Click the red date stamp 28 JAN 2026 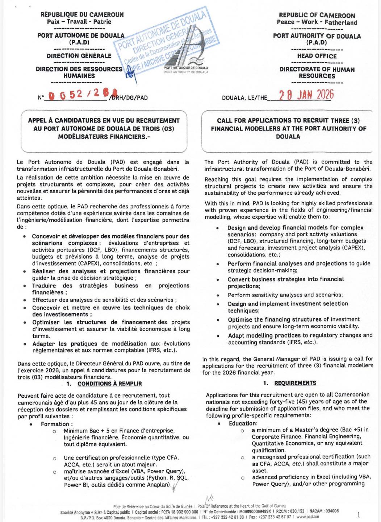(x=306, y=95)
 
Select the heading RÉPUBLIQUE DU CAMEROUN (x=82, y=14)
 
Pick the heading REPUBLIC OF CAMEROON (x=317, y=15)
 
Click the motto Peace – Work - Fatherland (x=317, y=22)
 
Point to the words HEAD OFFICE (x=317, y=56)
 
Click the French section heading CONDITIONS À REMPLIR (x=109, y=384)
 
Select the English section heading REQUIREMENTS (x=295, y=383)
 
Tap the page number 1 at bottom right (x=359, y=515)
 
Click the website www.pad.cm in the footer (x=307, y=517)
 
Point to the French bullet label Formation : (x=56, y=424)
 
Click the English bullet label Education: (x=243, y=423)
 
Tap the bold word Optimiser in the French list (x=46, y=322)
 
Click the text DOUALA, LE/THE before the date (x=244, y=98)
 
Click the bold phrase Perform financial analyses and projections (x=287, y=264)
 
